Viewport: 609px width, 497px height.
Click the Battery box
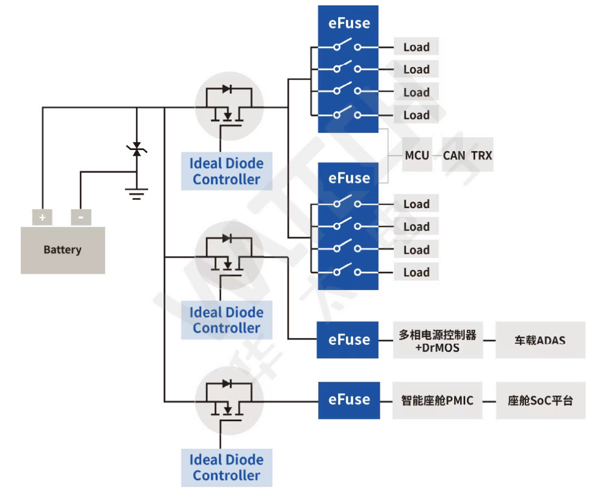click(x=62, y=250)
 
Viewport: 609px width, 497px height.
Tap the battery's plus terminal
click(x=42, y=218)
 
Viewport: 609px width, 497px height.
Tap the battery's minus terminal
click(x=81, y=218)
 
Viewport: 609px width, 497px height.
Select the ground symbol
click(x=137, y=194)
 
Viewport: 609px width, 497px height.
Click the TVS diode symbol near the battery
click(x=137, y=149)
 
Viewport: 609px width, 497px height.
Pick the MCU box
click(x=417, y=155)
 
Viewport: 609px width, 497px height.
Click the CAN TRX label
click(x=467, y=155)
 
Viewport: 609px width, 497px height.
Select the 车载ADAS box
click(x=540, y=340)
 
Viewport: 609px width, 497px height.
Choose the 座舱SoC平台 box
click(x=540, y=400)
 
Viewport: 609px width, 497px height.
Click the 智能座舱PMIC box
click(x=437, y=400)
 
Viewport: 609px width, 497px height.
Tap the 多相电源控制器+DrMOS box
click(x=437, y=340)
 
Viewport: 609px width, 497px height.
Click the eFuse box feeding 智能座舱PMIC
click(x=349, y=400)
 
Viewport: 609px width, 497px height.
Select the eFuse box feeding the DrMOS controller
click(x=349, y=340)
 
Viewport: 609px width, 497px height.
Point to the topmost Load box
click(x=416, y=47)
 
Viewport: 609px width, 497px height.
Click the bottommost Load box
click(x=416, y=272)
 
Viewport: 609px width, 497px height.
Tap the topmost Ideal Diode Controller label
click(x=226, y=171)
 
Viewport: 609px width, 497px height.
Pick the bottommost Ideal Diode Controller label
click(x=226, y=467)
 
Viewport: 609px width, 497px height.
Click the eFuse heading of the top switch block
click(x=349, y=23)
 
